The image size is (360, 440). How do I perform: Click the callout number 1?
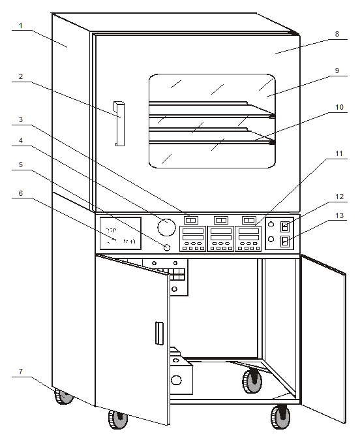tap(22, 26)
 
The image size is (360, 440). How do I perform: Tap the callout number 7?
tap(22, 371)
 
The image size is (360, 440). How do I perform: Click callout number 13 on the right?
tap(337, 215)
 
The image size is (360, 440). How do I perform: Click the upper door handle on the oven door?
tap(119, 123)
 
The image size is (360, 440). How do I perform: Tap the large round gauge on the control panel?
tap(166, 227)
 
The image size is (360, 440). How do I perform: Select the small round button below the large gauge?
tap(166, 247)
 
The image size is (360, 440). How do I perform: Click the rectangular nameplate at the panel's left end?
tap(119, 233)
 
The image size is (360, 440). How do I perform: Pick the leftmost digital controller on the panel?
tap(192, 238)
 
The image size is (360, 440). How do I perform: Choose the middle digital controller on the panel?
tap(220, 238)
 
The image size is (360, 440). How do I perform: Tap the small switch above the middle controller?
tap(220, 220)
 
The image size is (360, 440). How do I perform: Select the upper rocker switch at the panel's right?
tap(284, 227)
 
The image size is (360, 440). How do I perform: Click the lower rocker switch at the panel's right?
tap(284, 242)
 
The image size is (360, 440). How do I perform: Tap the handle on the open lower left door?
tap(157, 333)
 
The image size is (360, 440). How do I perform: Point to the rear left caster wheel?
tap(64, 396)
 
